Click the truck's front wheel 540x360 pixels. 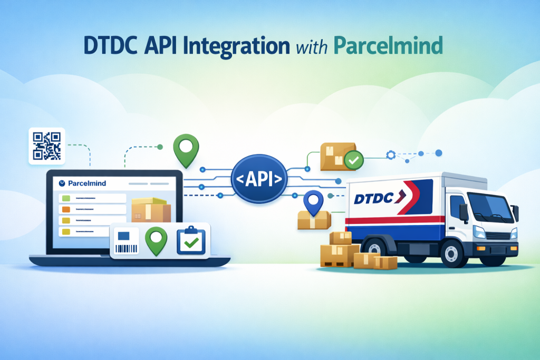point(453,253)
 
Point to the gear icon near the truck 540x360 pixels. point(391,154)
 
